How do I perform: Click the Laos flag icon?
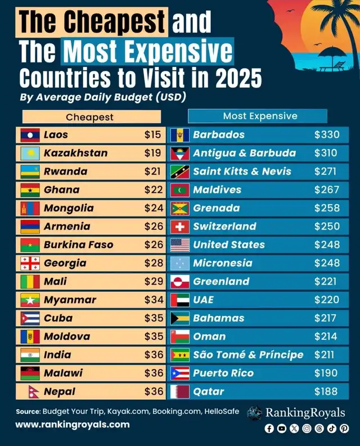(30, 135)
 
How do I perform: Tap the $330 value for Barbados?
(326, 135)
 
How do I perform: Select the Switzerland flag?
(179, 227)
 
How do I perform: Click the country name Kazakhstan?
(75, 153)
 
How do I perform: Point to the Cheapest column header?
(90, 117)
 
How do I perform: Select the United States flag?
(179, 245)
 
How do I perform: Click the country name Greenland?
(221, 281)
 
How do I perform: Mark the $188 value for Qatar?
(326, 391)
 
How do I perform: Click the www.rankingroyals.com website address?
(72, 425)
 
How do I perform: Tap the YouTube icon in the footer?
(282, 429)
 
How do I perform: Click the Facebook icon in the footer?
(269, 429)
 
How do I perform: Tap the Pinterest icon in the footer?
(344, 429)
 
